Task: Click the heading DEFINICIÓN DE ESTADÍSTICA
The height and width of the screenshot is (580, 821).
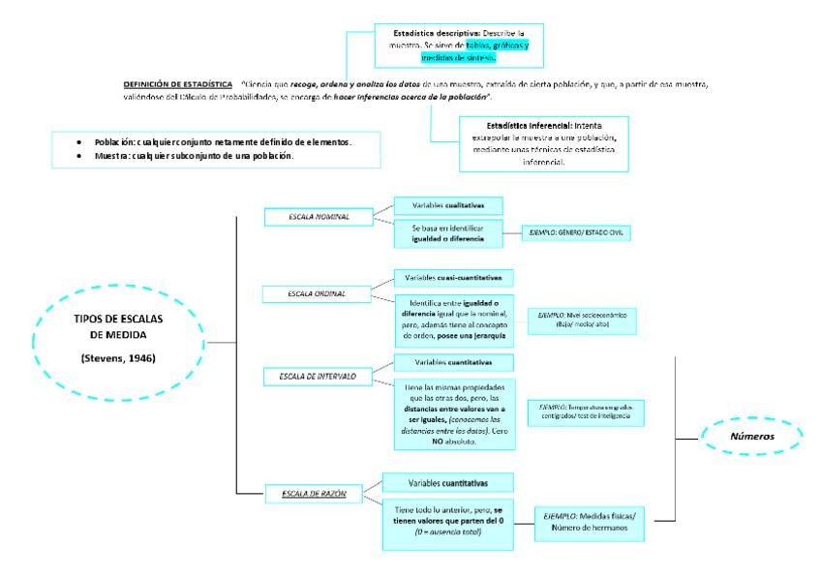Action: coord(178,83)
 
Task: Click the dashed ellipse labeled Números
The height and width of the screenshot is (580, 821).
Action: coord(752,436)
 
